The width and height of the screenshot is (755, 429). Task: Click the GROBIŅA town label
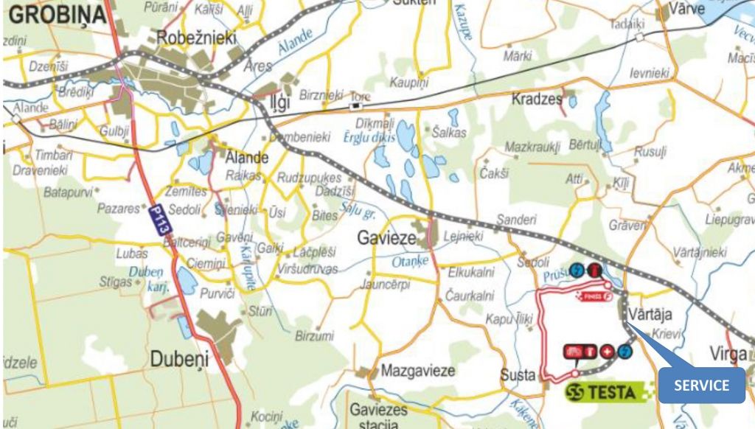pyautogui.click(x=55, y=14)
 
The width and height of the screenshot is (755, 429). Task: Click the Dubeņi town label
pyautogui.click(x=180, y=359)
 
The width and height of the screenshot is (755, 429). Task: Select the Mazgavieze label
pyautogui.click(x=417, y=371)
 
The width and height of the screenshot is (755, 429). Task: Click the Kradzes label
pyautogui.click(x=537, y=99)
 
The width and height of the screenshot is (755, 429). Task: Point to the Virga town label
pyautogui.click(x=728, y=354)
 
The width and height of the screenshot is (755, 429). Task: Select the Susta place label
pyautogui.click(x=518, y=375)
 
